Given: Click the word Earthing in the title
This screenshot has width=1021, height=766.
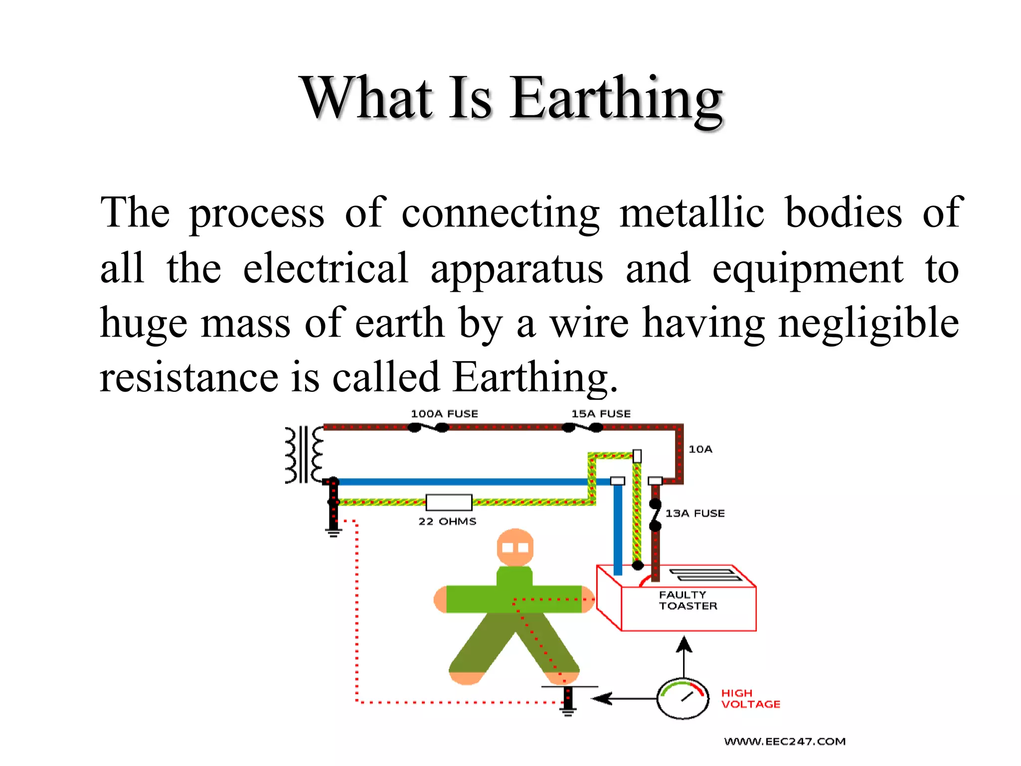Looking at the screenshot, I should [x=616, y=98].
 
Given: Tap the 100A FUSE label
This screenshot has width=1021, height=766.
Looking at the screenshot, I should [x=444, y=414].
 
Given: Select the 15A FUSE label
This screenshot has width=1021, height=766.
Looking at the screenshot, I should [x=601, y=414].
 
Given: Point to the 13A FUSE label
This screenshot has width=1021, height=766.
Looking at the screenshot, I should [x=695, y=513].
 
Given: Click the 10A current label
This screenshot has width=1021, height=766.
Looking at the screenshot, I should [x=700, y=449].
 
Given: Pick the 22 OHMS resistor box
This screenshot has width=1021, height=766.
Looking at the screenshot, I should [x=449, y=502].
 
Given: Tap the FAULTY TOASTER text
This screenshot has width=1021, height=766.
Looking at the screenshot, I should [x=688, y=600].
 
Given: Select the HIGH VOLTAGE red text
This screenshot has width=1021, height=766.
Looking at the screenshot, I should [x=750, y=699].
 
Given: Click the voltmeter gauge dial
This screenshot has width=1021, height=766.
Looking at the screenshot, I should [x=682, y=698].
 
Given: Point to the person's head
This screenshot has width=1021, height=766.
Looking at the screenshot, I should [x=515, y=547].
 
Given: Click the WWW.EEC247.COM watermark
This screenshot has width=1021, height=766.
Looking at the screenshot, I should [x=785, y=742].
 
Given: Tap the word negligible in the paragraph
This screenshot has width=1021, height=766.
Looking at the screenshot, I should [x=868, y=323].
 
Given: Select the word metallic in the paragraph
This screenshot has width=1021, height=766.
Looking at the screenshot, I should [x=692, y=212].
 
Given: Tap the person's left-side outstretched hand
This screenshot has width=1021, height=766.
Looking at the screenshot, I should [x=441, y=599].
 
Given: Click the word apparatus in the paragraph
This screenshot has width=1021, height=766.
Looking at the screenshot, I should [x=516, y=269].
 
